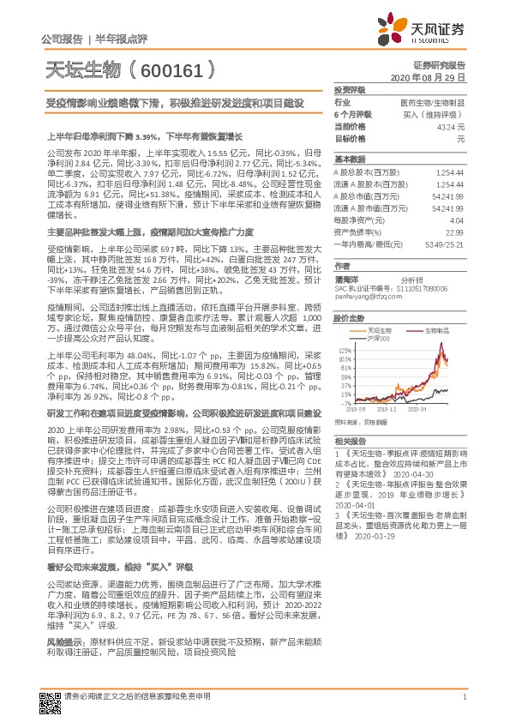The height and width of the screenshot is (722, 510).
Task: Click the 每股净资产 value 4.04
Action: coord(458,220)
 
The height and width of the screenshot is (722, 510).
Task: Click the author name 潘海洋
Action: coord(345,280)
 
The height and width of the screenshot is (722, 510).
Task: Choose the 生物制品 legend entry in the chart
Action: coord(426,328)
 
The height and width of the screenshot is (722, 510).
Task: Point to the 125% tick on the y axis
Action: coord(345,350)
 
